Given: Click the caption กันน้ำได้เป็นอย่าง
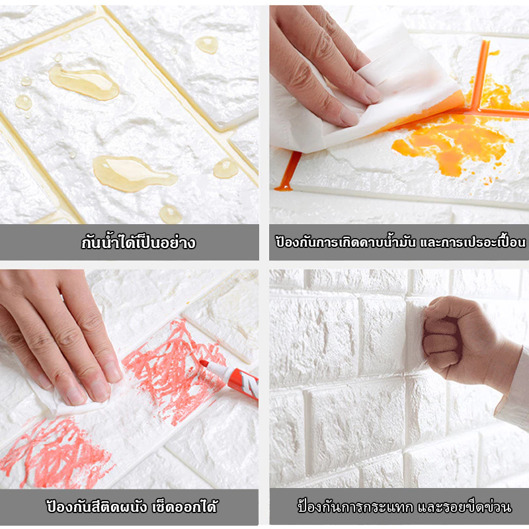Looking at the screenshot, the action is pos(138,242).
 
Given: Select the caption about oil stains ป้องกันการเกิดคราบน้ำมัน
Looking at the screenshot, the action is pos(345,241).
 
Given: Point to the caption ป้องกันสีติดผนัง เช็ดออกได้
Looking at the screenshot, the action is pos(132,507).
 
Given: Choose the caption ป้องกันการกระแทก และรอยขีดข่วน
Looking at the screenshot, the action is pos(404,507).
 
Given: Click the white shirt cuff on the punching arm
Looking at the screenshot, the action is pos(513,391).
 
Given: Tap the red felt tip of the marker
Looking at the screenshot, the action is pos(204,363).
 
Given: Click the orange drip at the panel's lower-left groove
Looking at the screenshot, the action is pos(288,171).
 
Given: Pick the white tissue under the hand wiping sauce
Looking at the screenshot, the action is pos(364,101).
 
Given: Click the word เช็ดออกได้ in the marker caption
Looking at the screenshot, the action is pos(185,507).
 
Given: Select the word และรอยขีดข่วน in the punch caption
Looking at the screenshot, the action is pos(465,507).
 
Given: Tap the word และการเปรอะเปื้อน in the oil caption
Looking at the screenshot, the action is pos(473,241).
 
